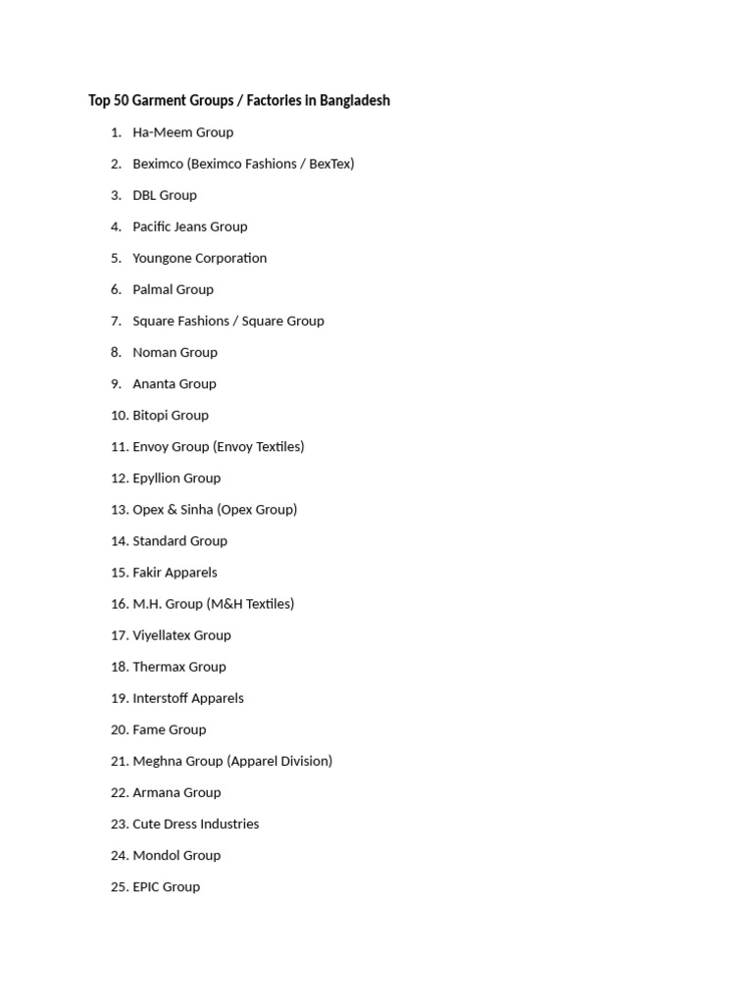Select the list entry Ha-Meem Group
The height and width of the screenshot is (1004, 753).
182,132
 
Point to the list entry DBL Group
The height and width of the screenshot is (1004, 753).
165,195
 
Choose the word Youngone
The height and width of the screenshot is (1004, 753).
163,258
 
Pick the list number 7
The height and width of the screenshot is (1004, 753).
116,321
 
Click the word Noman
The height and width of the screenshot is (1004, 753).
153,352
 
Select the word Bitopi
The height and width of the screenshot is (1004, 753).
152,415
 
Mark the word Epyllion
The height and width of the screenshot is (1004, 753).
157,477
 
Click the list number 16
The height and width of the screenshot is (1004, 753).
120,604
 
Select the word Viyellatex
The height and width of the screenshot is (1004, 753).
162,635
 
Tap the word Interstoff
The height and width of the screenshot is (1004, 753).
160,698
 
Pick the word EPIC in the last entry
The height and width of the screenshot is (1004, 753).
146,886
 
